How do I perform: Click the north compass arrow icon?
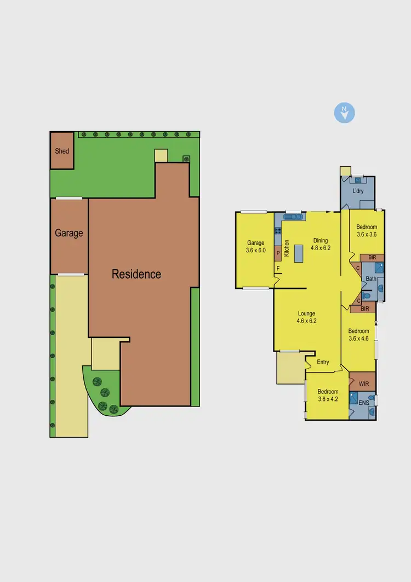pyautogui.click(x=344, y=113)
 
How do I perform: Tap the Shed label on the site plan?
pyautogui.click(x=62, y=150)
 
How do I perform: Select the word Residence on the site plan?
pyautogui.click(x=136, y=274)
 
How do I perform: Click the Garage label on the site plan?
pyautogui.click(x=69, y=233)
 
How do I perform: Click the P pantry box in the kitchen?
pyautogui.click(x=278, y=253)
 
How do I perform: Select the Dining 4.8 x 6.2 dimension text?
pyautogui.click(x=321, y=244)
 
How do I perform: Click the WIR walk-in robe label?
pyautogui.click(x=364, y=384)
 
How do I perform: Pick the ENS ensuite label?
pyautogui.click(x=364, y=403)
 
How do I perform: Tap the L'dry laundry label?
pyautogui.click(x=358, y=191)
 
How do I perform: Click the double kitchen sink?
pyautogui.click(x=296, y=217)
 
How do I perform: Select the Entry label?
pyautogui.click(x=323, y=362)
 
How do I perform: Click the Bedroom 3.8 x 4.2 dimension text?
pyautogui.click(x=328, y=395)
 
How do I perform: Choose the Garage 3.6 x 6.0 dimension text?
pyautogui.click(x=256, y=247)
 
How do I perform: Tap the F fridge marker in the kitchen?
pyautogui.click(x=278, y=268)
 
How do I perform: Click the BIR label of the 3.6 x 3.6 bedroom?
pyautogui.click(x=372, y=257)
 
